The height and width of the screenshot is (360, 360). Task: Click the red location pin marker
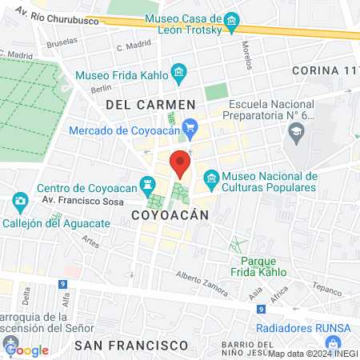coord(180,163)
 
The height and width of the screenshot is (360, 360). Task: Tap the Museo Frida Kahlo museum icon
coord(179,75)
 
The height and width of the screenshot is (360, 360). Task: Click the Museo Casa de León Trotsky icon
coord(231,22)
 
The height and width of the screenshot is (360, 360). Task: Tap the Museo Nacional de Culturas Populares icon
coord(211,177)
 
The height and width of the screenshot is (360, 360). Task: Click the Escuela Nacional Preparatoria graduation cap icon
coord(297,130)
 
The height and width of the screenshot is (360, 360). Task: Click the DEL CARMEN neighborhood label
coord(150,105)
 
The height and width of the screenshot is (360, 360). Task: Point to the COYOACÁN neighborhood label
coord(169,215)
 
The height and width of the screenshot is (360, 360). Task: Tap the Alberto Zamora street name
coord(198,279)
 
